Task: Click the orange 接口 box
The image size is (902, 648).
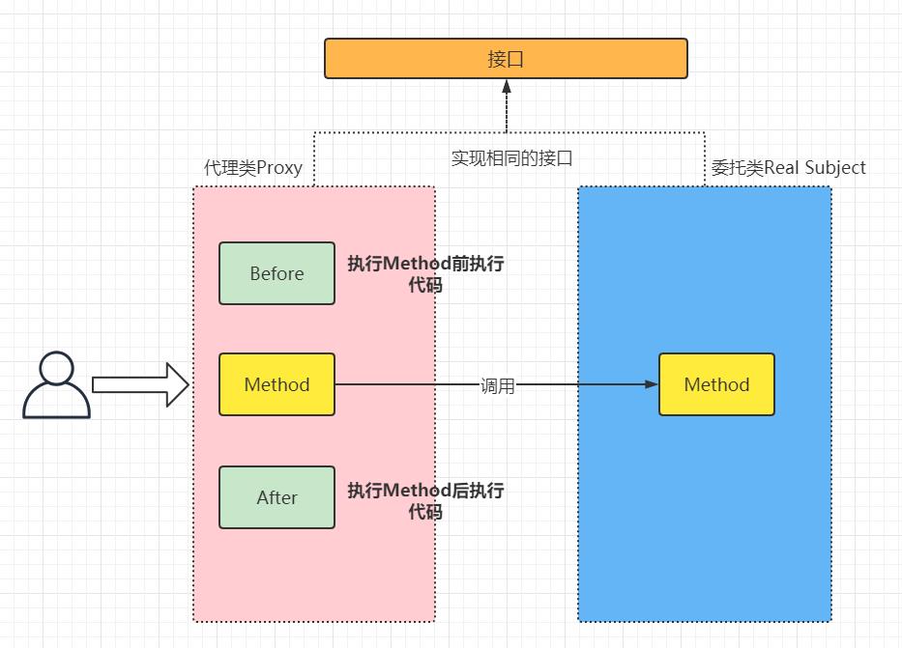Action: (506, 58)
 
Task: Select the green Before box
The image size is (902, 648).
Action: (276, 273)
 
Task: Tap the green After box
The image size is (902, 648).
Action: (276, 497)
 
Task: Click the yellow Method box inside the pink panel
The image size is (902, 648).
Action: (276, 384)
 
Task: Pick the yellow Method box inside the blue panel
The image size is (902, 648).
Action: (716, 384)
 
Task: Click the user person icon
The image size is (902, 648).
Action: (57, 385)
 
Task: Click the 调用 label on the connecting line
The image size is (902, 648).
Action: (498, 385)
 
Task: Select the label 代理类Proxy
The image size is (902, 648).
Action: (253, 168)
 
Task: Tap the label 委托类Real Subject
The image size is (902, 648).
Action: (789, 168)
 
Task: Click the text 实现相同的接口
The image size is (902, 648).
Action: (511, 157)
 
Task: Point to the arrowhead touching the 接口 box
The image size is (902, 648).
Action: (506, 86)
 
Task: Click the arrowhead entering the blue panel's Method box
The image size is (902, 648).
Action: (652, 384)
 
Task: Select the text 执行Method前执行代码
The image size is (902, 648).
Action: (425, 273)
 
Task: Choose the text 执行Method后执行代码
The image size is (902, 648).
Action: (425, 500)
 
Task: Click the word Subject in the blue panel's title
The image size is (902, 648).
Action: (835, 168)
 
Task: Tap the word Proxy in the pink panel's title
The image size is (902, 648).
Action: (279, 168)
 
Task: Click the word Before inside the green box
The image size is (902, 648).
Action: (276, 273)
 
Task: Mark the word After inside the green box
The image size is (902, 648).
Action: (276, 497)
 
